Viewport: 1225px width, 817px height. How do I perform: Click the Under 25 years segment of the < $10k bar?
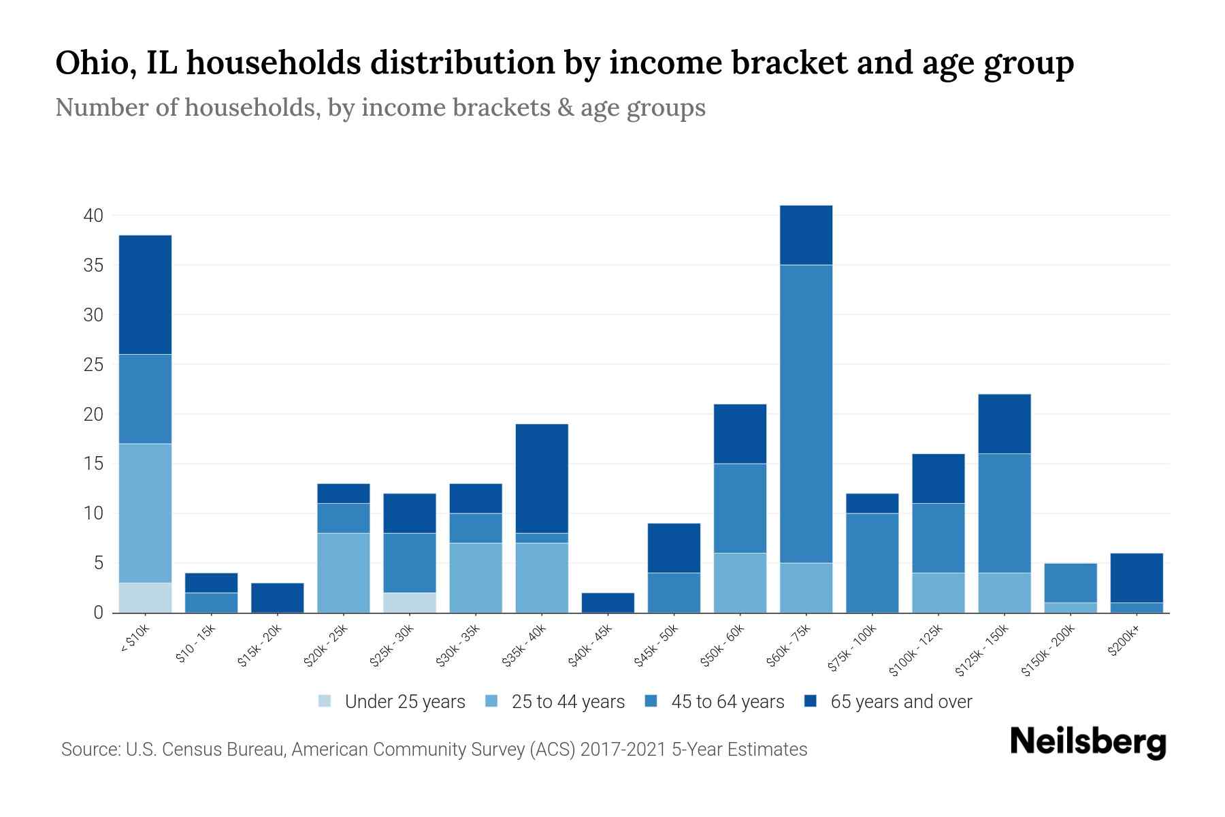[145, 597]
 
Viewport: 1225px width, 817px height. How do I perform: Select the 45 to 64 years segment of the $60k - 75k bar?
[806, 413]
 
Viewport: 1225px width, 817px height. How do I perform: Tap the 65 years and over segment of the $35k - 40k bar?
[542, 478]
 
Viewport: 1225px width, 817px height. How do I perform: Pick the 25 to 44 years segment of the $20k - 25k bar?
[344, 573]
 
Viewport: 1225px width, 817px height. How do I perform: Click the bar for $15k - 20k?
[278, 597]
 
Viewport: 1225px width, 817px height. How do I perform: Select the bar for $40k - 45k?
[608, 603]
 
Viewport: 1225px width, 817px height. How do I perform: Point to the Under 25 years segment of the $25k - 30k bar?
[410, 603]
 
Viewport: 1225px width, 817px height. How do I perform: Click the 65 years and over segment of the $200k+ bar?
[1137, 577]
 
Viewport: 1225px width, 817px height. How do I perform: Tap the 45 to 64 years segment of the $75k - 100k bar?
[872, 562]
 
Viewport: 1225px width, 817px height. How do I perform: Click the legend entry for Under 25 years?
[404, 702]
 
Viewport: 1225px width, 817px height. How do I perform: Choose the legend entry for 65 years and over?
[900, 702]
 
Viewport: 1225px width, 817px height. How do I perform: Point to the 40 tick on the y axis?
[93, 216]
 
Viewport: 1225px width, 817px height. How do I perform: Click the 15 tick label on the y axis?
[93, 464]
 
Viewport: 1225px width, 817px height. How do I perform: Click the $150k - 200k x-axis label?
[1048, 651]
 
